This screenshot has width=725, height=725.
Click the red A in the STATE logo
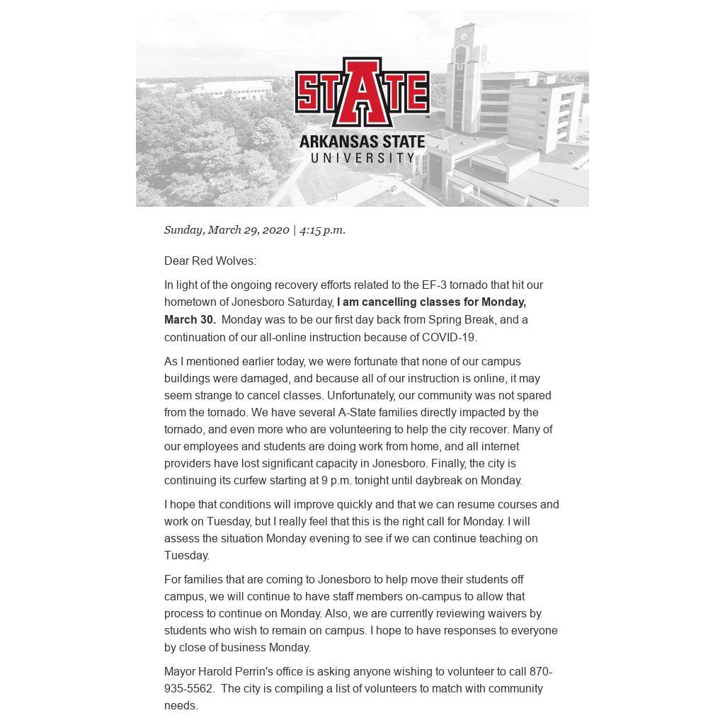click(362, 92)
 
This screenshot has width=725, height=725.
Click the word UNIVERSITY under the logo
click(362, 158)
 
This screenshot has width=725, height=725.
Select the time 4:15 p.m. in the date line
click(322, 229)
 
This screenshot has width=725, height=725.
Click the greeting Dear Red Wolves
click(210, 261)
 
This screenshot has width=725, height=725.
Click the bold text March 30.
click(190, 319)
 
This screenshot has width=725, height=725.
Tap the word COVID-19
click(449, 337)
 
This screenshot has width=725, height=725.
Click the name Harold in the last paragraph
click(217, 671)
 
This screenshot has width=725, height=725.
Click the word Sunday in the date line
click(183, 229)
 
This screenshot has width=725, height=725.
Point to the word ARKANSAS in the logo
click(336, 142)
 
